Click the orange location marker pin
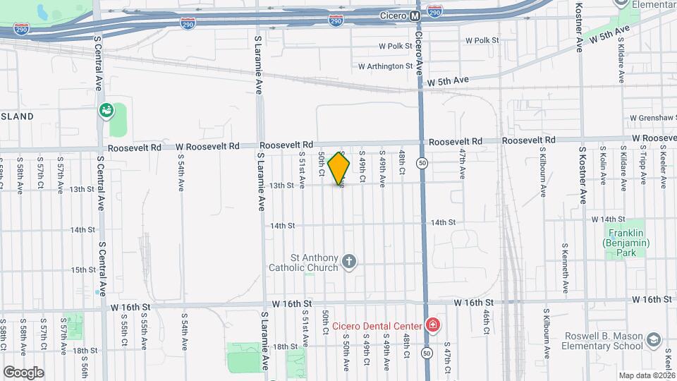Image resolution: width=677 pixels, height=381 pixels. (x=339, y=169)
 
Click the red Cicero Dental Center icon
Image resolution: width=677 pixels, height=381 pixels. (x=432, y=325)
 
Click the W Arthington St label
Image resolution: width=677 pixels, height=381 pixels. (x=385, y=66)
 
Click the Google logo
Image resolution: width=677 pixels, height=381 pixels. (x=23, y=372)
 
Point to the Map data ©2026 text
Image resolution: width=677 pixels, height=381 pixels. (x=646, y=375)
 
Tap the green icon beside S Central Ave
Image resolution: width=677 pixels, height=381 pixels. (x=106, y=110)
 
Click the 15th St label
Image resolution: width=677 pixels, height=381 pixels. (x=83, y=270)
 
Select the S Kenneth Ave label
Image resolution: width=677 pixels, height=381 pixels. (x=566, y=268)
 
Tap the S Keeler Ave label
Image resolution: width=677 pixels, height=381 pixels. (x=663, y=168)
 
